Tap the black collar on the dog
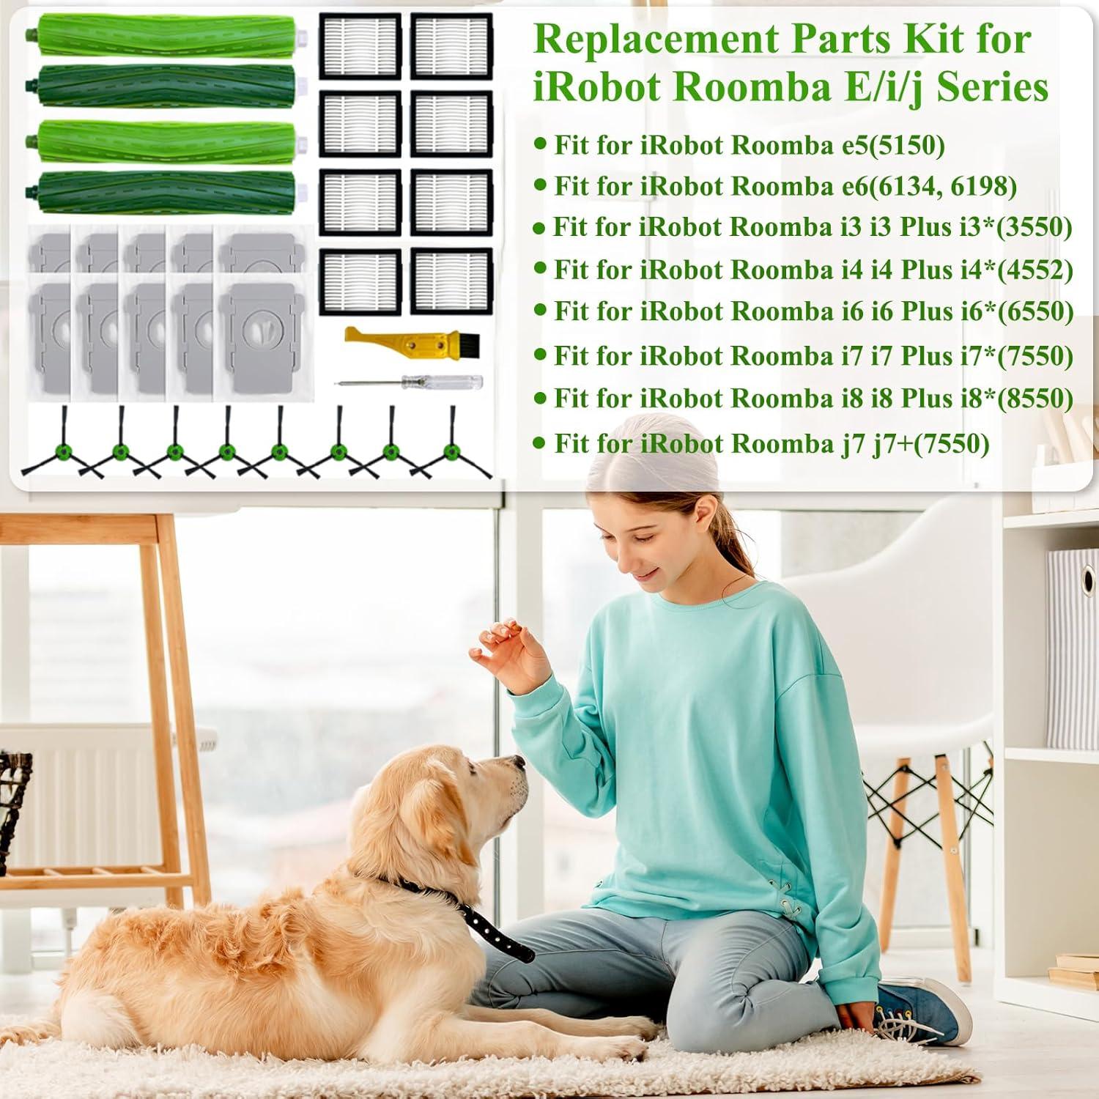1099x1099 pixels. [x=476, y=916]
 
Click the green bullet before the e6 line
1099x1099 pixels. [x=541, y=185]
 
